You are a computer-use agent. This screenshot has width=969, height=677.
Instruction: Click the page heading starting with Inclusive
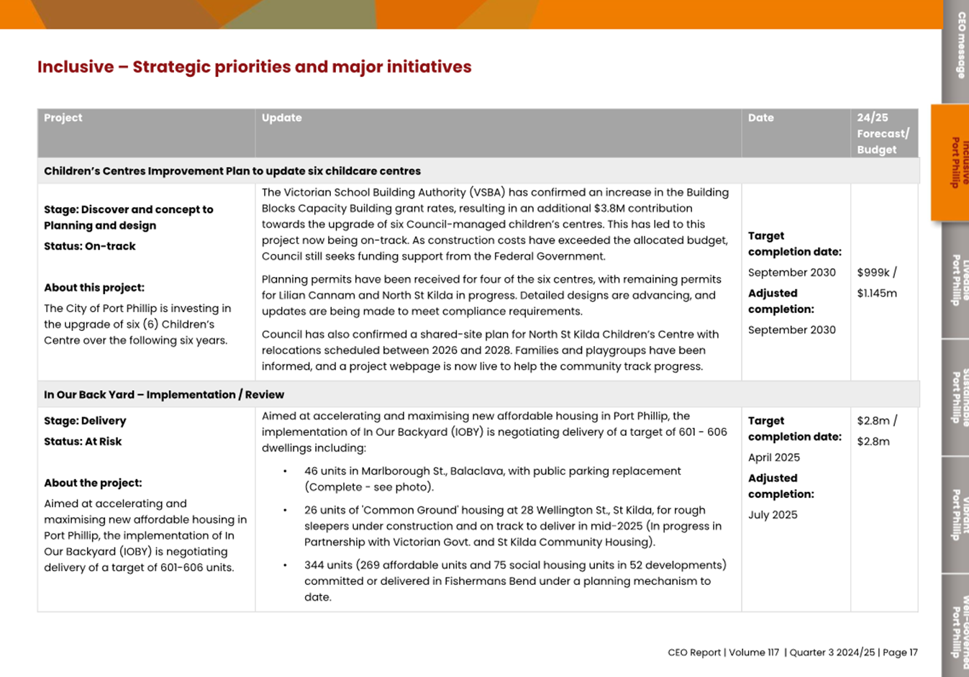(x=254, y=67)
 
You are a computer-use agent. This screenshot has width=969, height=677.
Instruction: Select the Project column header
(x=63, y=118)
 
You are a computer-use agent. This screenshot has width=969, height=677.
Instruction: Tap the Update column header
(x=281, y=118)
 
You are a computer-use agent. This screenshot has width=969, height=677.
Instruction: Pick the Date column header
(x=760, y=118)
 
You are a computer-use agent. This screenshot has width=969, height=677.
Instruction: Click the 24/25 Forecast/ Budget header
(x=883, y=134)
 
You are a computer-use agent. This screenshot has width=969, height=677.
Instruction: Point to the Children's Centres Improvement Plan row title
(x=232, y=171)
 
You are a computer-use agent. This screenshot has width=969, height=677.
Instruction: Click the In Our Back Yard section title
(x=163, y=395)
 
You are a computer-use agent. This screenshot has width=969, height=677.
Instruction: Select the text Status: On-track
(x=89, y=246)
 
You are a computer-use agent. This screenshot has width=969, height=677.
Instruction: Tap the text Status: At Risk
(x=83, y=442)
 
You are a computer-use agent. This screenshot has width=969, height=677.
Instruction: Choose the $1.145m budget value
(x=877, y=294)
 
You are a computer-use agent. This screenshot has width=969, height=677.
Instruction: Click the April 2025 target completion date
(x=773, y=458)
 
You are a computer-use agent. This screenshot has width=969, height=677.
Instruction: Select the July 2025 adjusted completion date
(x=772, y=515)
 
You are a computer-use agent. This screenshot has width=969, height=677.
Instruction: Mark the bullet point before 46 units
(x=286, y=472)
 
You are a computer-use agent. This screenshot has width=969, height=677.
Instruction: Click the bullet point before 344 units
(x=286, y=565)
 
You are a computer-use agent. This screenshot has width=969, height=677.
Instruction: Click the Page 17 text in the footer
(x=900, y=653)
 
